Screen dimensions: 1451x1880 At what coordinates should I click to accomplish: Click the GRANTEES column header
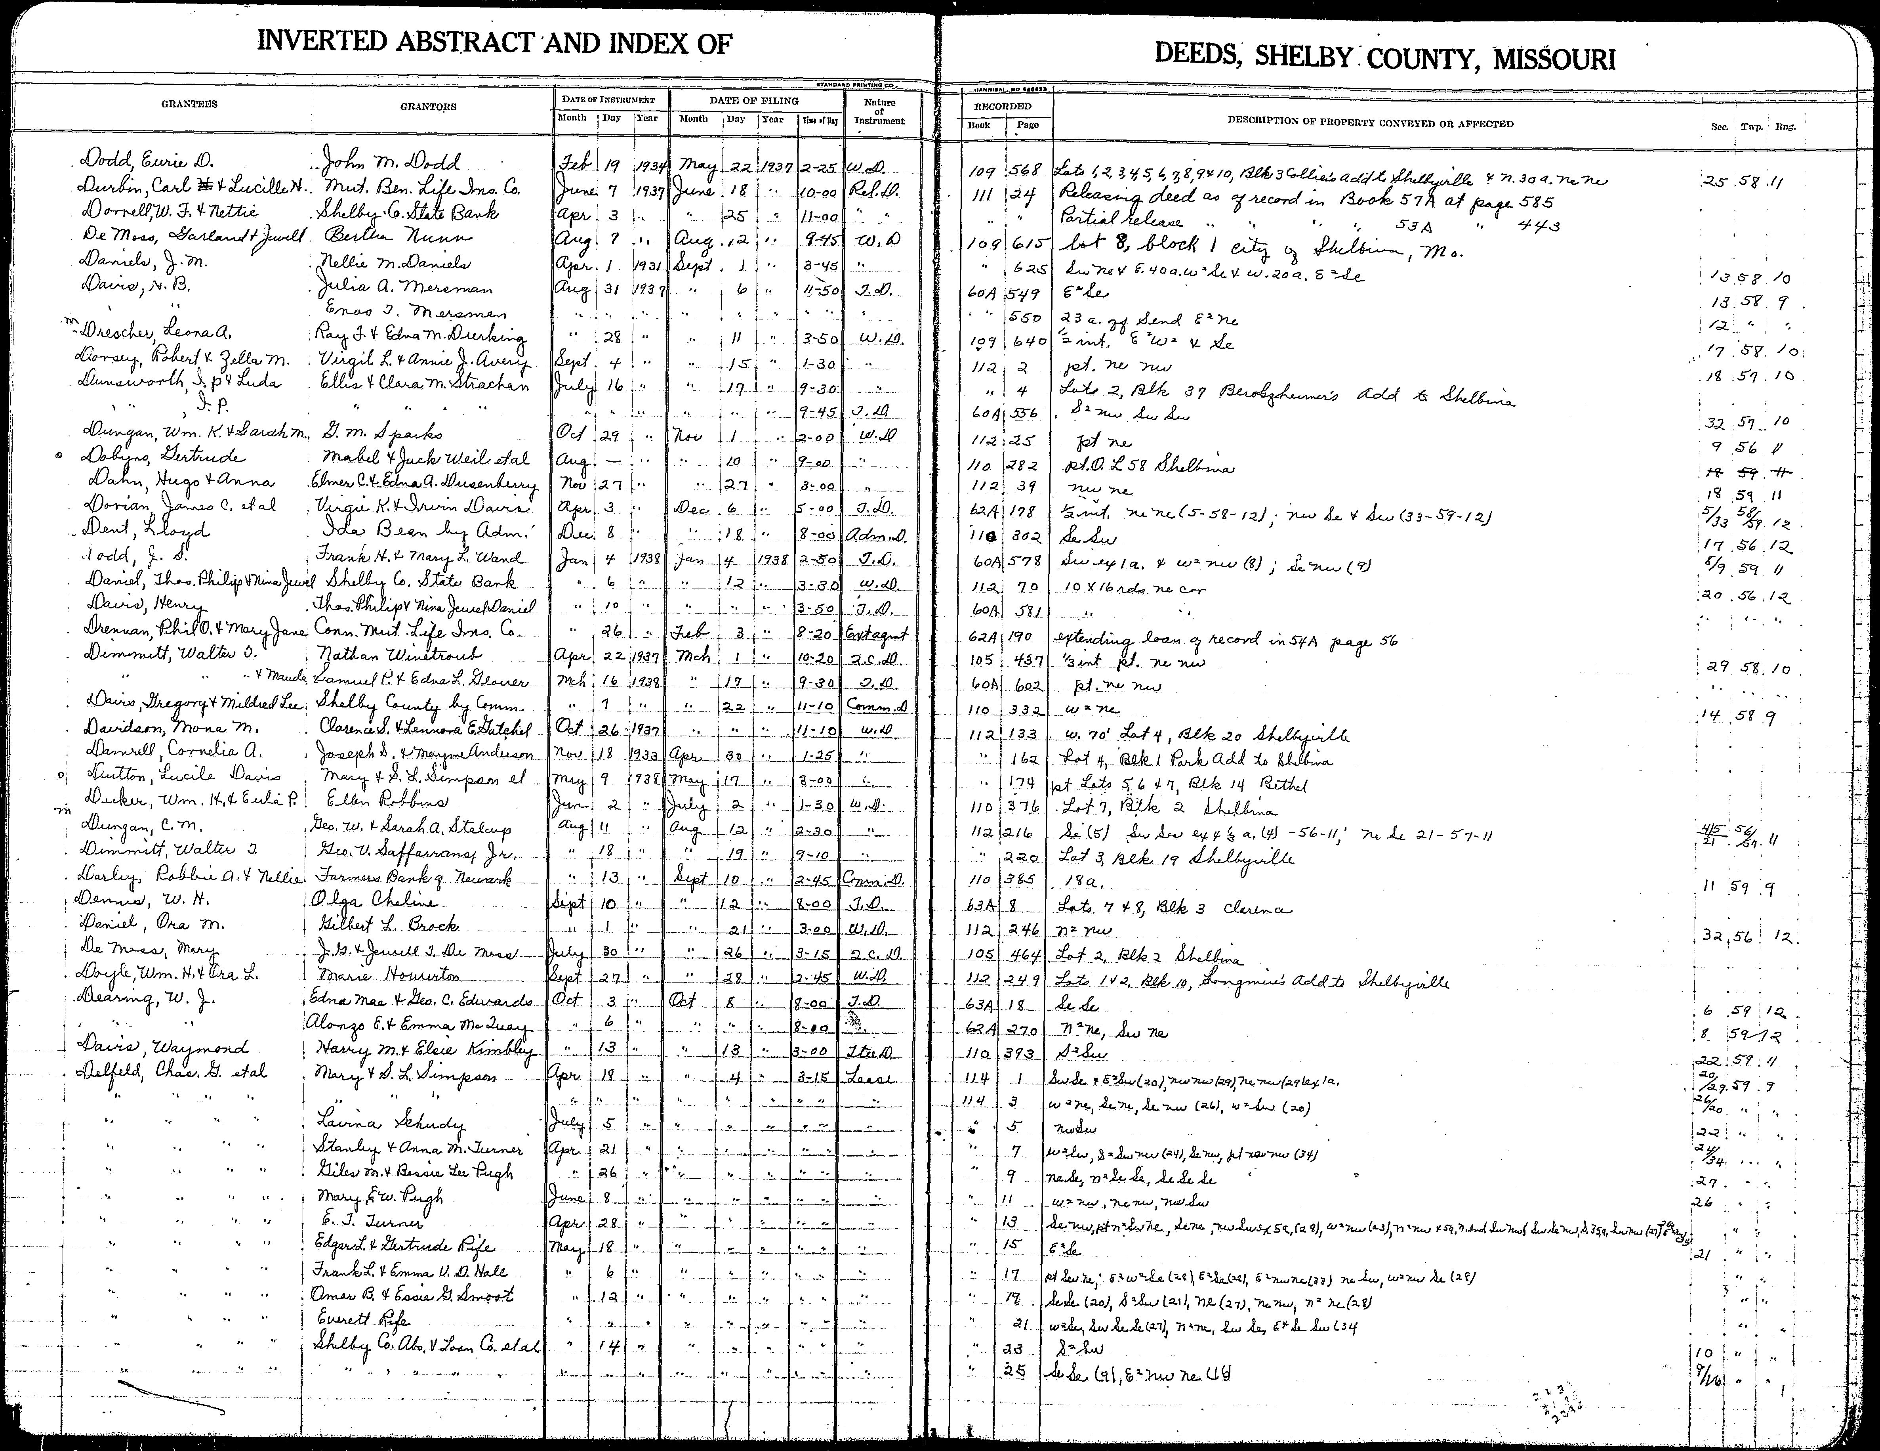click(x=189, y=104)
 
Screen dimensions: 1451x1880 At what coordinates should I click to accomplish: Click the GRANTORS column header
click(x=428, y=107)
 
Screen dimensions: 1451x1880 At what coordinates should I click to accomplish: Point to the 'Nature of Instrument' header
click(x=879, y=112)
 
